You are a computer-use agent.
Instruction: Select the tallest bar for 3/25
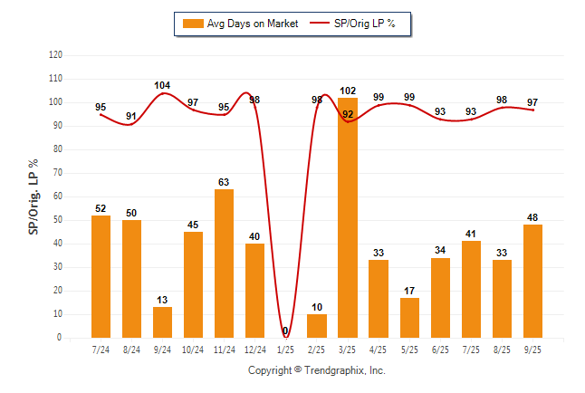pyautogui.click(x=348, y=217)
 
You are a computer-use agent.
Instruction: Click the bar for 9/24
pyautogui.click(x=162, y=322)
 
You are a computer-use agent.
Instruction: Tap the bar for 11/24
pyautogui.click(x=224, y=264)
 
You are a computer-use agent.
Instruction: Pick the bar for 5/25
pyautogui.click(x=409, y=318)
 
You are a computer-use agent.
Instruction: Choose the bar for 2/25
pyautogui.click(x=317, y=326)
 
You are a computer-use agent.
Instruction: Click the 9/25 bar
pyautogui.click(x=532, y=281)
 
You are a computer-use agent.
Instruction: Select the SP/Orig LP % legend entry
pyautogui.click(x=355, y=23)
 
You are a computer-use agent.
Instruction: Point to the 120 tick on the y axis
pyautogui.click(x=55, y=55)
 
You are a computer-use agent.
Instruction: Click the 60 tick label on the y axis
pyautogui.click(x=58, y=196)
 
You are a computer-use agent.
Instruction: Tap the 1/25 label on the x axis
pyautogui.click(x=285, y=349)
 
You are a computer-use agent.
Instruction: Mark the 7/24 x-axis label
pyautogui.click(x=101, y=349)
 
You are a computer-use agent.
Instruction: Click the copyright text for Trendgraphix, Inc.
pyautogui.click(x=317, y=370)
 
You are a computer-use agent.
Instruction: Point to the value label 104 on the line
pyautogui.click(x=162, y=85)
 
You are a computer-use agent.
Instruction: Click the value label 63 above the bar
pyautogui.click(x=224, y=182)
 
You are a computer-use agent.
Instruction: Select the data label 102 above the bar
pyautogui.click(x=348, y=90)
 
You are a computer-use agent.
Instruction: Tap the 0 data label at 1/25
pyautogui.click(x=285, y=331)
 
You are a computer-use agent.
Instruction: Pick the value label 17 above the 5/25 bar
pyautogui.click(x=409, y=291)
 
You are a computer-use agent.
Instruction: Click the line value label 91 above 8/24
pyautogui.click(x=131, y=116)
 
